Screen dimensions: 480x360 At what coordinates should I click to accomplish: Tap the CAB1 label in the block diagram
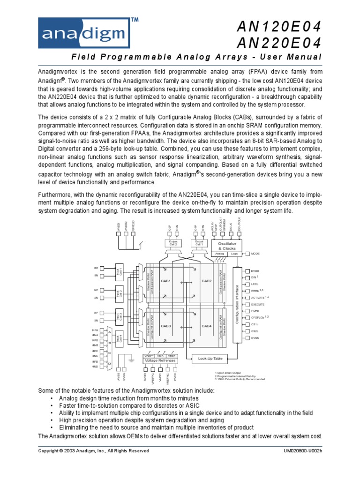166,281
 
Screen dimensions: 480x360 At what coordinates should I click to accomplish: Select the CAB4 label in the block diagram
207,326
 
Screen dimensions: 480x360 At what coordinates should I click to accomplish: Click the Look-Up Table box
210,359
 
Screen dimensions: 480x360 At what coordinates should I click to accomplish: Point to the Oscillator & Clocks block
226,246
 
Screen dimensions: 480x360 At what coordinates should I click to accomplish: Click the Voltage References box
160,360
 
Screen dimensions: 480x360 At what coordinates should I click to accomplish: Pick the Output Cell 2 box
172,243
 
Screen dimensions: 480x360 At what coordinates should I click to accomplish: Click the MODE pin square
247,253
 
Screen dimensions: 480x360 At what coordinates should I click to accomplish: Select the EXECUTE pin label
259,304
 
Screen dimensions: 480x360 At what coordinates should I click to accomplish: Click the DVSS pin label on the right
255,337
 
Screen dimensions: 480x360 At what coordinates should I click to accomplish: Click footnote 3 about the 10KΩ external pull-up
239,379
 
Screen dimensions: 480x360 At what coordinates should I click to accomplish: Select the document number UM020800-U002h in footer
300,451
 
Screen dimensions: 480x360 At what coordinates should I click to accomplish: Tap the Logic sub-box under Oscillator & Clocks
235,253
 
